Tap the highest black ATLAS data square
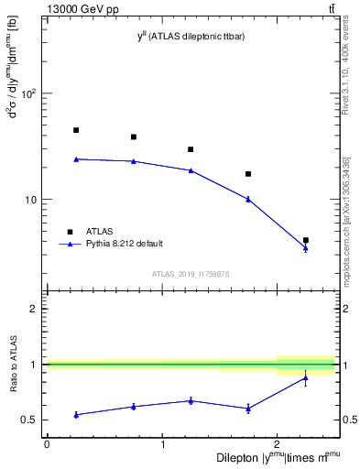pyautogui.click(x=76, y=130)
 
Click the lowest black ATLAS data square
pyautogui.click(x=305, y=240)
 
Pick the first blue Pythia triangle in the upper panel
pyautogui.click(x=76, y=158)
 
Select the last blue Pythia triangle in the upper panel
pyautogui.click(x=305, y=248)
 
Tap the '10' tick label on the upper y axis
pyautogui.click(x=28, y=200)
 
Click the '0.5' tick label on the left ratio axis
pyautogui.click(x=27, y=420)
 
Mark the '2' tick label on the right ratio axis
pyautogui.click(x=344, y=309)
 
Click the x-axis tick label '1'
pyautogui.click(x=162, y=444)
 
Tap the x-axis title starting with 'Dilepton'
pyautogui.click(x=275, y=457)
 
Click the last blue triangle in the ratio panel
pyautogui.click(x=305, y=377)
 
